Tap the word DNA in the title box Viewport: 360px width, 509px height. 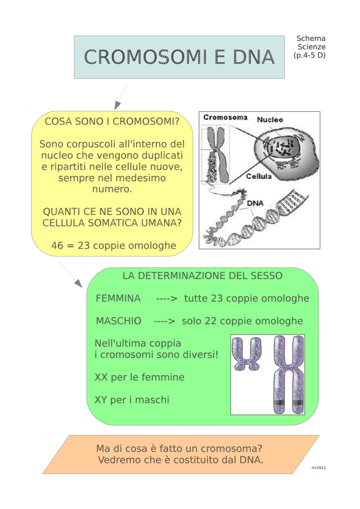click(x=254, y=57)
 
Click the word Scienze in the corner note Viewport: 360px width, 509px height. click(x=312, y=47)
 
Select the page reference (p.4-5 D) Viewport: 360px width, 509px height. click(x=309, y=55)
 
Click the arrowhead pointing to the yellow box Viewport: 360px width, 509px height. click(x=117, y=105)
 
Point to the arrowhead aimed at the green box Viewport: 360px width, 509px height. click(x=78, y=283)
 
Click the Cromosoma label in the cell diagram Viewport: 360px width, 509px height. click(x=225, y=117)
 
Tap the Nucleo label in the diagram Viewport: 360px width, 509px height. click(x=270, y=120)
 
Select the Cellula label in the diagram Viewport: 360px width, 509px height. click(x=259, y=176)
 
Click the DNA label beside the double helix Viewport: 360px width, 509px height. click(x=255, y=203)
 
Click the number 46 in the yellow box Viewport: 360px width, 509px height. click(x=57, y=246)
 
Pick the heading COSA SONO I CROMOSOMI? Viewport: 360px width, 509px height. click(x=112, y=121)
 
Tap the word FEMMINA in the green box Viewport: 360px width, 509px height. click(x=118, y=298)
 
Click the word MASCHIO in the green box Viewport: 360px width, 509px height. click(x=118, y=321)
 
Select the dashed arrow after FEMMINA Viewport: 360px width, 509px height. click(x=167, y=299)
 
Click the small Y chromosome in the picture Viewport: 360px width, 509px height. click(x=247, y=354)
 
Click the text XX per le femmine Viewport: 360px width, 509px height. click(x=139, y=377)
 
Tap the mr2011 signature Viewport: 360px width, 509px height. click(x=318, y=468)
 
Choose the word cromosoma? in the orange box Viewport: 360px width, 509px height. click(x=231, y=449)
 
